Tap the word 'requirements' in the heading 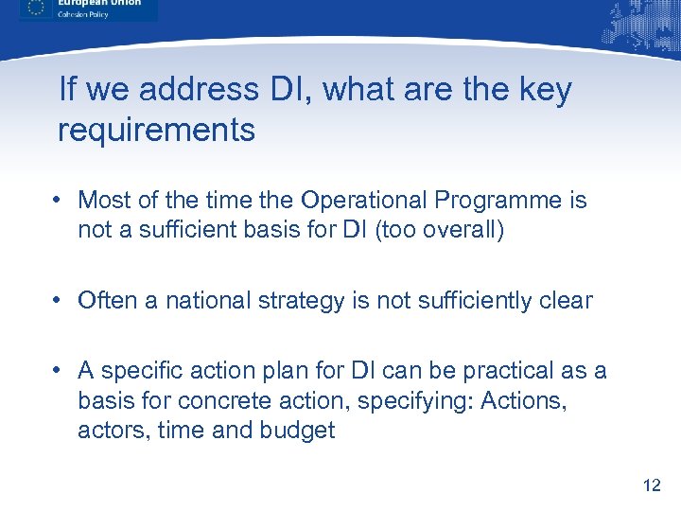click(157, 131)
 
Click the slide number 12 click(651, 485)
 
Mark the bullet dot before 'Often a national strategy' click(59, 301)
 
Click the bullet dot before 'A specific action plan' click(59, 371)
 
